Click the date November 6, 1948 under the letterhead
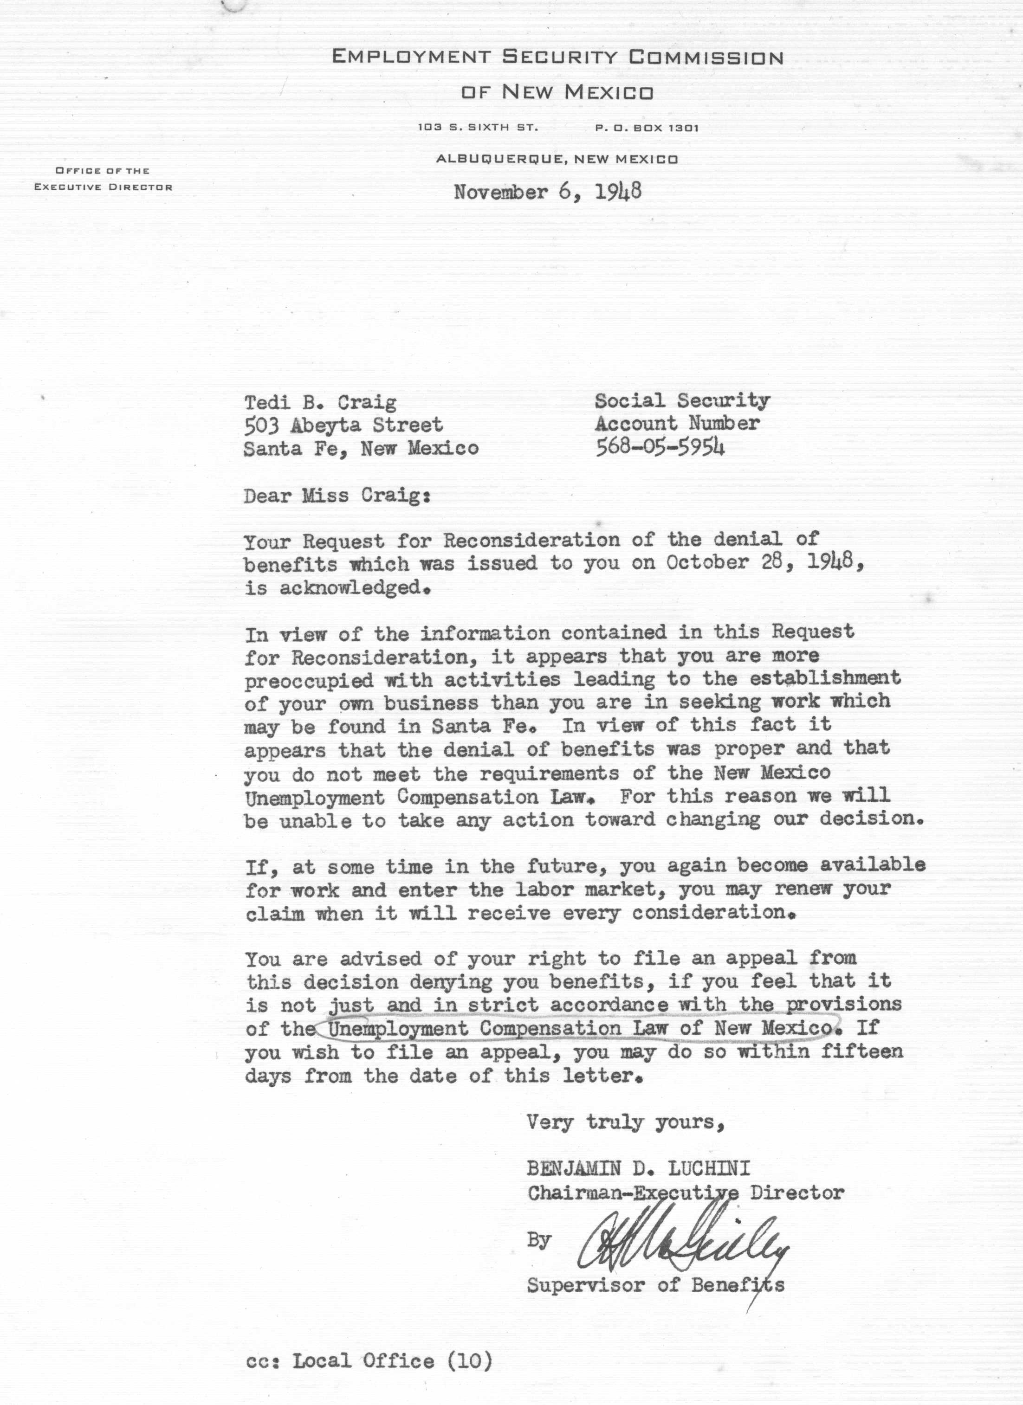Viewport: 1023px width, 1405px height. pos(547,192)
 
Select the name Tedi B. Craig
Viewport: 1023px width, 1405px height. pos(320,403)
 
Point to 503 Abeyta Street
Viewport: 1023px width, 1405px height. pos(343,425)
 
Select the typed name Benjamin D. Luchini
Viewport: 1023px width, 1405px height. pos(638,1169)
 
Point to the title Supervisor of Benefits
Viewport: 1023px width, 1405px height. pos(655,1285)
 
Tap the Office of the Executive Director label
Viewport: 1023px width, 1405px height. pos(103,179)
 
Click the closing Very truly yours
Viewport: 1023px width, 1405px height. pos(625,1122)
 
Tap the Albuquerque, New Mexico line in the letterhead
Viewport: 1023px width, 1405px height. pos(557,159)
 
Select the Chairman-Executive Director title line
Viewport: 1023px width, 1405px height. pos(685,1192)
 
